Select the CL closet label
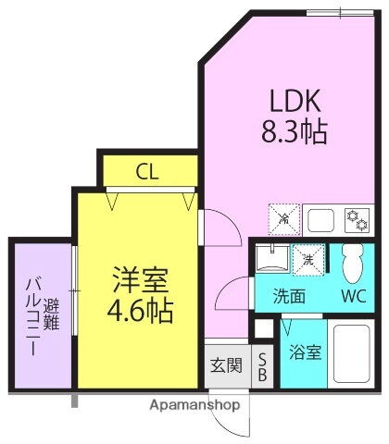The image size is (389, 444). click(x=147, y=171)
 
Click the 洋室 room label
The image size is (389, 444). click(x=140, y=277)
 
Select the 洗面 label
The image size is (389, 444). click(x=288, y=298)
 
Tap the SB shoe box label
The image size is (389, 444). click(x=262, y=367)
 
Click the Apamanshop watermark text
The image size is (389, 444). click(x=194, y=405)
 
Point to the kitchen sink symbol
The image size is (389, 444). click(x=322, y=220)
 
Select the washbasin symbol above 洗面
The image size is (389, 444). click(x=270, y=258)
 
